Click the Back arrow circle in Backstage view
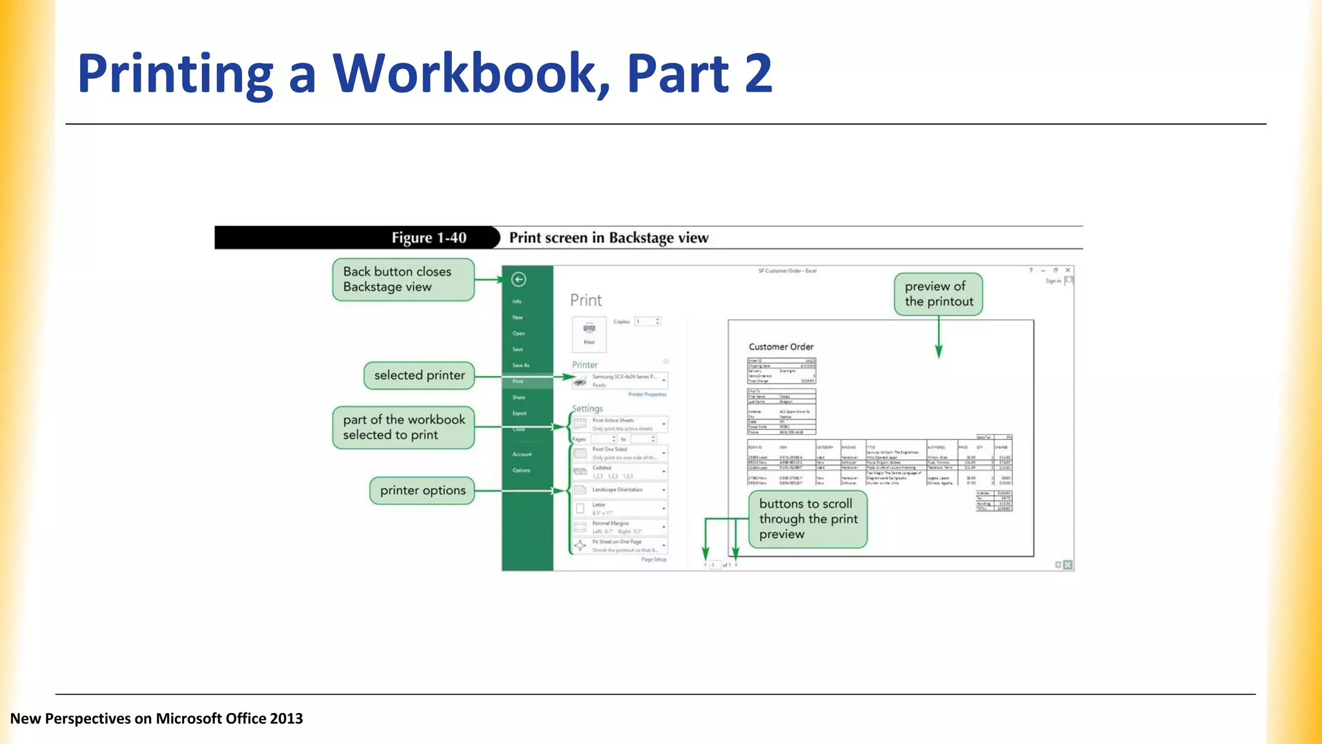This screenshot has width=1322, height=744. [518, 280]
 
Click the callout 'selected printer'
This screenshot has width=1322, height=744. [419, 376]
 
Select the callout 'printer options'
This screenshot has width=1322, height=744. [422, 491]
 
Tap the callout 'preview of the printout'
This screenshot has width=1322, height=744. [938, 294]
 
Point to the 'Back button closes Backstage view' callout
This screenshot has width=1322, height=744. [403, 280]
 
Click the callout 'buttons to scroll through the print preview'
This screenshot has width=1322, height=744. [808, 519]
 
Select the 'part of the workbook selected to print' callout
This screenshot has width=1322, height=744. [403, 428]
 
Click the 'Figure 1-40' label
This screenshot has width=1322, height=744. [429, 238]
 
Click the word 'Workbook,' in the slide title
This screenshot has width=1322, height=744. [470, 74]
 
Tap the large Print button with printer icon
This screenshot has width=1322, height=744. [589, 334]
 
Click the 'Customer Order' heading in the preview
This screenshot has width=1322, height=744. [780, 347]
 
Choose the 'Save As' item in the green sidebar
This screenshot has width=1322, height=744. [521, 366]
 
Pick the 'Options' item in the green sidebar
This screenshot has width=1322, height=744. [521, 470]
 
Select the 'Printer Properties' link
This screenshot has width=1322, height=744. [647, 395]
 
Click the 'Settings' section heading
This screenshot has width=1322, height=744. [587, 409]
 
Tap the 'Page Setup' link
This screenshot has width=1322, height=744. [653, 560]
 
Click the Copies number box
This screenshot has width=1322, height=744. [647, 322]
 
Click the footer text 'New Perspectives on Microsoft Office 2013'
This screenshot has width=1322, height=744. [156, 719]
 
